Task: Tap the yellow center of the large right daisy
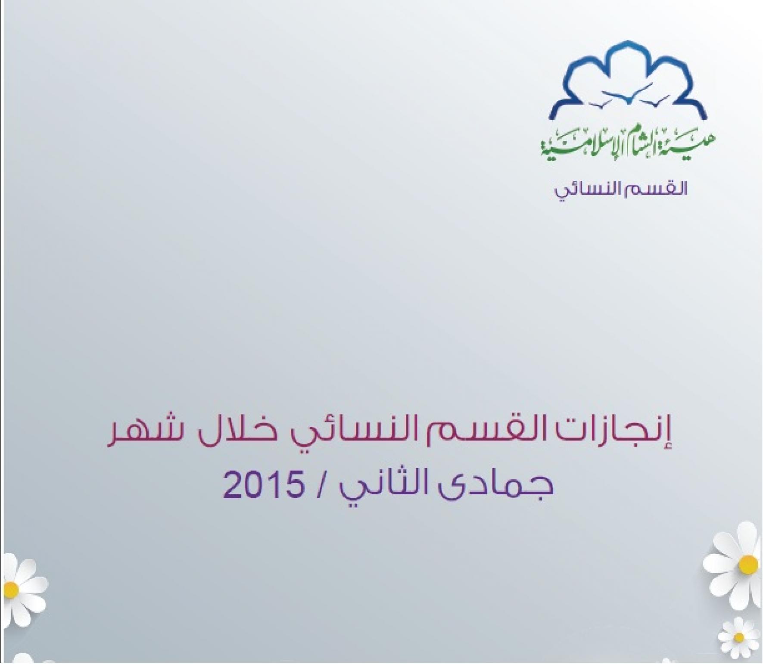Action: tap(749, 565)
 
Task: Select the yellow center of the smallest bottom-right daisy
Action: tap(739, 637)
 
